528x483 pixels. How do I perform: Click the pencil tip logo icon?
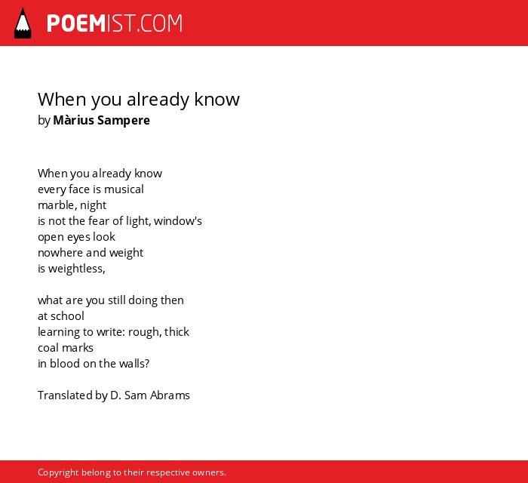pos(23,23)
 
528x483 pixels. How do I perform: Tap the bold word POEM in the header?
pos(76,23)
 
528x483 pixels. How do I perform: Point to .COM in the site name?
pos(159,23)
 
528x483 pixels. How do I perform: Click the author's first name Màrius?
pos(73,120)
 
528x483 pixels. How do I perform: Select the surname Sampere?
pos(123,121)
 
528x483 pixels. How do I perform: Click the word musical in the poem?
pos(124,189)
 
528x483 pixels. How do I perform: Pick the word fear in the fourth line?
pos(99,221)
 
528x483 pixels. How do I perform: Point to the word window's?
pos(178,221)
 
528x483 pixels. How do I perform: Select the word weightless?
pos(76,269)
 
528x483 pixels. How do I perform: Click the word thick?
pos(177,332)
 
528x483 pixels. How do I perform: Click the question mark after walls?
pos(147,364)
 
